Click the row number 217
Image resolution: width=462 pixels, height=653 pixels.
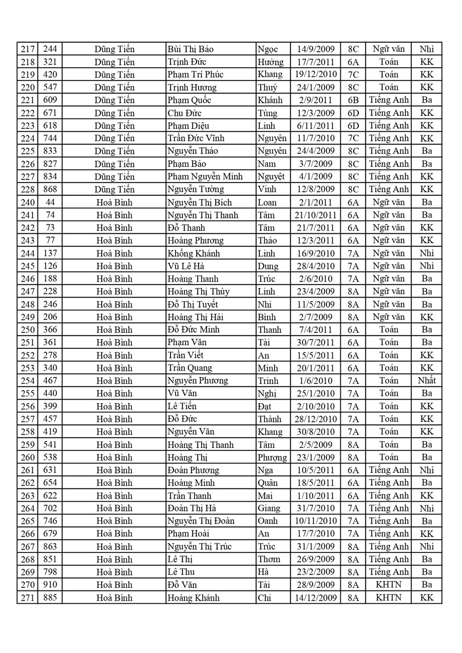pos(27,49)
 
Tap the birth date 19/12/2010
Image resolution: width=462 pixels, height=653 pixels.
pos(315,74)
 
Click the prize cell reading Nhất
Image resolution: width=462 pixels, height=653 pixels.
pos(427,381)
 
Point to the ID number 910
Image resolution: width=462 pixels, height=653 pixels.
pos(50,585)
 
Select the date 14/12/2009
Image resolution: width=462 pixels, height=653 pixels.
pos(315,598)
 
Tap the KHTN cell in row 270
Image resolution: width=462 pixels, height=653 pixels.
pos(388,585)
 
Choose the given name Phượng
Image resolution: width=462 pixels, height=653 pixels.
pos(272,457)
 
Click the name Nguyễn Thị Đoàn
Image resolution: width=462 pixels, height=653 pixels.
pos(201,521)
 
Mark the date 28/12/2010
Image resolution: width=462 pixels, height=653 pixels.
pos(315,419)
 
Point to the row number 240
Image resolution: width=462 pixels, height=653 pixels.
pos(27,202)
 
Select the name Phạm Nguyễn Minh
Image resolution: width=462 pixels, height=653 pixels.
pos(205,176)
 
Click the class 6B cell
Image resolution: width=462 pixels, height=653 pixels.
pos(353,100)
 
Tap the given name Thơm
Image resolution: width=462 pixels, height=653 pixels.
pos(269,559)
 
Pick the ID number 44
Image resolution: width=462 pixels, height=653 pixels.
pos(50,202)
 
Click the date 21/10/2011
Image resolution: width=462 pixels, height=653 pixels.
pos(315,215)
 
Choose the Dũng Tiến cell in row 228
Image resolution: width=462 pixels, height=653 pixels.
pos(114,189)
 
